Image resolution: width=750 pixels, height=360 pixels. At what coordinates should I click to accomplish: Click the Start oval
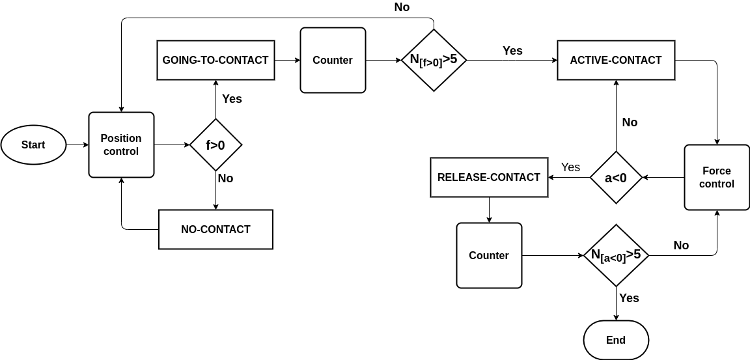tap(33, 145)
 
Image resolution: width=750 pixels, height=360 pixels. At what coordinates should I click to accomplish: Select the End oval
tap(616, 340)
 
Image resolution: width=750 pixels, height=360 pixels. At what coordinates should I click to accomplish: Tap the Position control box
tap(121, 145)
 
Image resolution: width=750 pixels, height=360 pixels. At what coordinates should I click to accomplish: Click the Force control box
tap(717, 177)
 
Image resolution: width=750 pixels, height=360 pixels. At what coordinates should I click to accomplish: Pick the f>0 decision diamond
tap(215, 145)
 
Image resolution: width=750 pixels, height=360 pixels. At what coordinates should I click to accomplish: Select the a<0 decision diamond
tap(616, 177)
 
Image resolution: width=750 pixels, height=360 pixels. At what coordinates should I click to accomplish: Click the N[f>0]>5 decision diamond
tap(434, 60)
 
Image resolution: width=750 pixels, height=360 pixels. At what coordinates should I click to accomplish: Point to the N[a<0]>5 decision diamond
tap(616, 255)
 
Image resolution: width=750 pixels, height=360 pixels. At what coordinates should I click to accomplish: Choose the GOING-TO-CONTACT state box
tap(215, 60)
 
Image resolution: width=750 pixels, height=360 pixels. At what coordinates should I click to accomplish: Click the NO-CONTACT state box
tap(215, 229)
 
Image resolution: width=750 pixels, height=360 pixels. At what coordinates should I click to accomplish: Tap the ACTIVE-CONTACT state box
tap(616, 60)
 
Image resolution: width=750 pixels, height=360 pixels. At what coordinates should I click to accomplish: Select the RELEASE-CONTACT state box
tap(489, 177)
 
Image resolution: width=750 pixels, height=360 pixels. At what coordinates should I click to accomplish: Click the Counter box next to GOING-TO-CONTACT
tap(333, 60)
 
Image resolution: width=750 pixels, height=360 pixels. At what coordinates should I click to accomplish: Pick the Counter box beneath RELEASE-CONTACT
tap(489, 255)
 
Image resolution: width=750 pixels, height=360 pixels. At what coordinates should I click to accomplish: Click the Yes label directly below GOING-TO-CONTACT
tap(232, 99)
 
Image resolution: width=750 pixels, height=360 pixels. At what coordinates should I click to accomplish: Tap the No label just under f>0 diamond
tap(225, 178)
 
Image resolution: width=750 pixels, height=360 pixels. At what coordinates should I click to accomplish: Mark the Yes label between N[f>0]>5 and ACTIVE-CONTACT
tap(512, 51)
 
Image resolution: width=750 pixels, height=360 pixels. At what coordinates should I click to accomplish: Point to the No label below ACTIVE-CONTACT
tap(630, 122)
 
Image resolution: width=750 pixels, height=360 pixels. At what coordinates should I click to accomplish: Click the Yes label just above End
tap(629, 298)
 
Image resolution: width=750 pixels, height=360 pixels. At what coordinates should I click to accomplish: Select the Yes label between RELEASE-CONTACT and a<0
tap(570, 167)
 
